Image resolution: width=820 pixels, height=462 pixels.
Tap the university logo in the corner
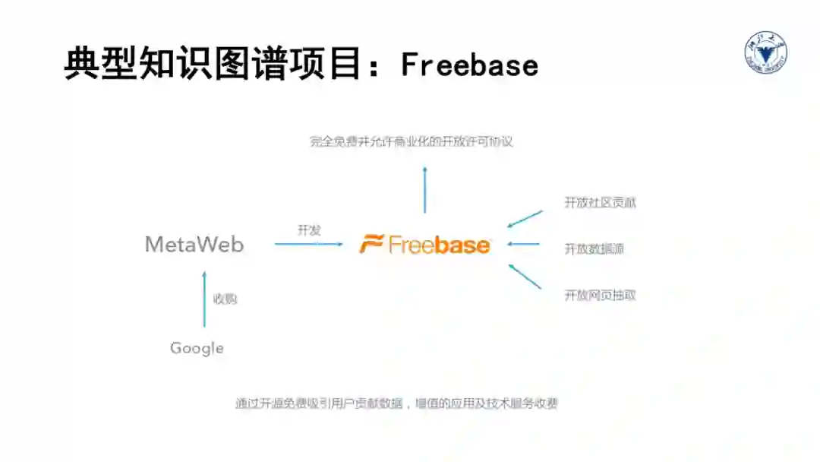[765, 52]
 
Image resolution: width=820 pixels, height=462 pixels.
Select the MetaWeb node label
[194, 244]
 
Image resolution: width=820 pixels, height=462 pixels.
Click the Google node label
[197, 348]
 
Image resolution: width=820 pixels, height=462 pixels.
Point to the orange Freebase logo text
[439, 245]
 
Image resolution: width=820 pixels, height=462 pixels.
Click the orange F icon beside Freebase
[371, 245]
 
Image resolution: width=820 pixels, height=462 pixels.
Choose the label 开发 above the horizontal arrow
[309, 230]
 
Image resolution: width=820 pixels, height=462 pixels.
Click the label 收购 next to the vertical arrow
[225, 299]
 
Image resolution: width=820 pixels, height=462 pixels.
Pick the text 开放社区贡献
[600, 203]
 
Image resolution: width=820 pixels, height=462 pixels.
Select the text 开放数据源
[594, 248]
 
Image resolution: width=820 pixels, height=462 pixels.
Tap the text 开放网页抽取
[600, 295]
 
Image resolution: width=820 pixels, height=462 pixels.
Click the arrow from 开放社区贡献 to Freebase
[525, 219]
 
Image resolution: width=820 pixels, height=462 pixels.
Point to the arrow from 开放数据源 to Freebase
[524, 244]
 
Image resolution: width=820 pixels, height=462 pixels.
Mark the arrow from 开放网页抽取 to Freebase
[525, 276]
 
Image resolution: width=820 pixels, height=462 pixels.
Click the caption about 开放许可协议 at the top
[411, 141]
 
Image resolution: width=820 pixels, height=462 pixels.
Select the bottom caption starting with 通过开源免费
[396, 403]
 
